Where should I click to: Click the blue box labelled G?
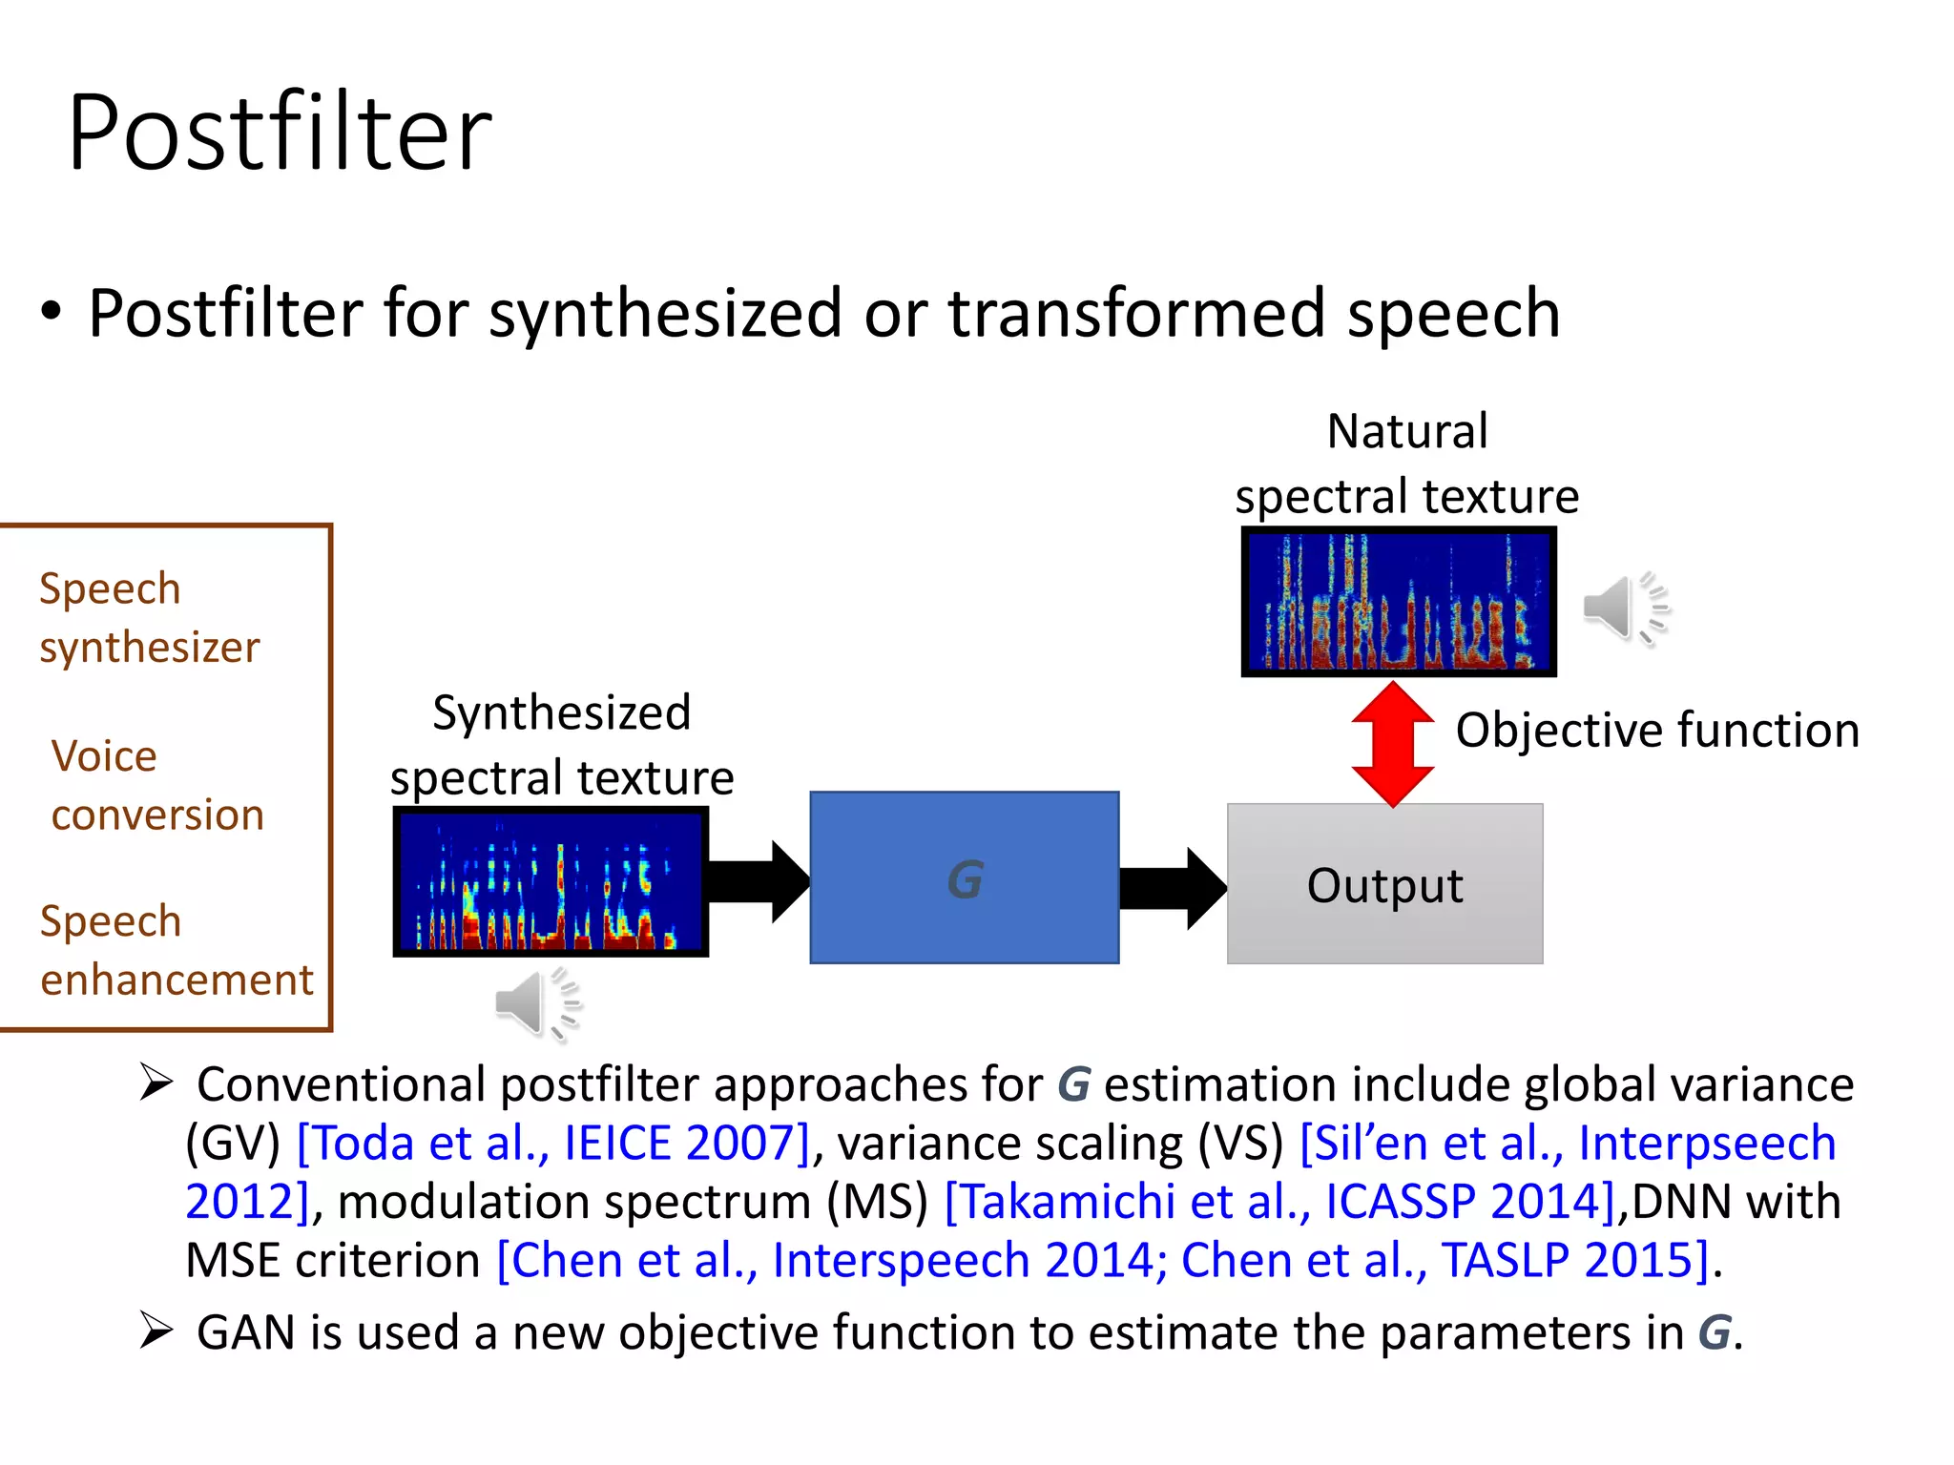coord(964,877)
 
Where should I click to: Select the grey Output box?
coord(1384,884)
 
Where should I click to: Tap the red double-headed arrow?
coord(1393,744)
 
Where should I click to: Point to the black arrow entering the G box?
coord(759,882)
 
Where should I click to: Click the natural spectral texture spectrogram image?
coord(1399,602)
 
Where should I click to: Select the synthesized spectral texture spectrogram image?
coord(551,881)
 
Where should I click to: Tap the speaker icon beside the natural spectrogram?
coord(1626,609)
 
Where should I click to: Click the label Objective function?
coord(1657,731)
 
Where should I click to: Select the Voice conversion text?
coord(157,785)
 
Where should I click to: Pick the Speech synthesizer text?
coord(149,618)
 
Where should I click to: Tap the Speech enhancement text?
coord(177,950)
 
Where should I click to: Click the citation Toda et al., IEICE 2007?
coord(553,1143)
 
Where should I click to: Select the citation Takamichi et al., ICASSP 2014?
coord(1278,1202)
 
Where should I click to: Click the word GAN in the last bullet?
coord(244,1332)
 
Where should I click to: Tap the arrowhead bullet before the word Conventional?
coord(156,1083)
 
